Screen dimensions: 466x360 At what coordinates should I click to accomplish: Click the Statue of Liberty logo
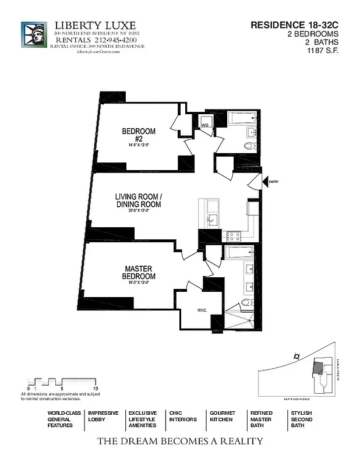tap(34, 36)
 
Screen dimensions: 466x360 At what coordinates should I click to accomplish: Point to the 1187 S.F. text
tap(323, 50)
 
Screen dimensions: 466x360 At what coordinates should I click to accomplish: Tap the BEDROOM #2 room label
tap(139, 135)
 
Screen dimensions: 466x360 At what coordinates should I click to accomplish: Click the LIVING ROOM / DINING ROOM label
tap(138, 202)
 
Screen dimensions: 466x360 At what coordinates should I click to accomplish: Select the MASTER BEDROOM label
tap(139, 273)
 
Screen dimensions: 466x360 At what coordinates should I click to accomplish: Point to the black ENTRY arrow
tap(264, 182)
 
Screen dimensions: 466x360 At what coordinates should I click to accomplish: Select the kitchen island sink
tap(212, 220)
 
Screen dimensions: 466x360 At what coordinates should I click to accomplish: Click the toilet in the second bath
tap(248, 146)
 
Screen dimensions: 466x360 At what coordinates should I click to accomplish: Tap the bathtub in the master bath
tap(238, 252)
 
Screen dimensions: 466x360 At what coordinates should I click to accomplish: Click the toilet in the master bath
tap(246, 302)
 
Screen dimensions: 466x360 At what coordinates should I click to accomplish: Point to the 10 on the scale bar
tap(95, 387)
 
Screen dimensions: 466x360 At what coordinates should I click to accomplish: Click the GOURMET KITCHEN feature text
tap(222, 416)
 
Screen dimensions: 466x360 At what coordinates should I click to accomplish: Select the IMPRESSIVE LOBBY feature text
tap(103, 416)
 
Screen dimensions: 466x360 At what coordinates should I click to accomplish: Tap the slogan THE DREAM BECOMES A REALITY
tap(179, 441)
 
